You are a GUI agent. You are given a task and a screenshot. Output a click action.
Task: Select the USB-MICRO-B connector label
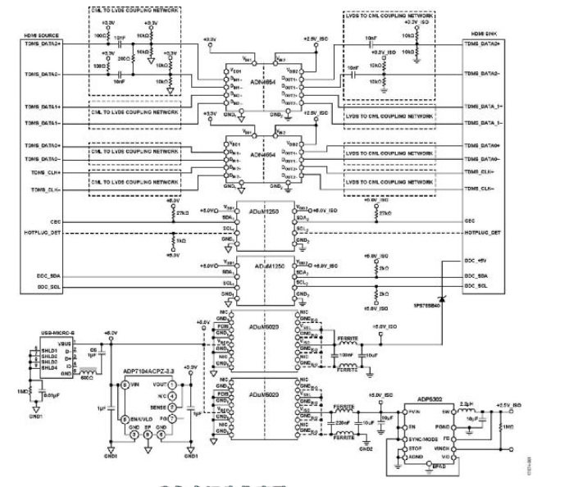point(57,332)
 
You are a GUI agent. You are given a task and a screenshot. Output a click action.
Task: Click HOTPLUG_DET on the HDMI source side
point(43,232)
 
